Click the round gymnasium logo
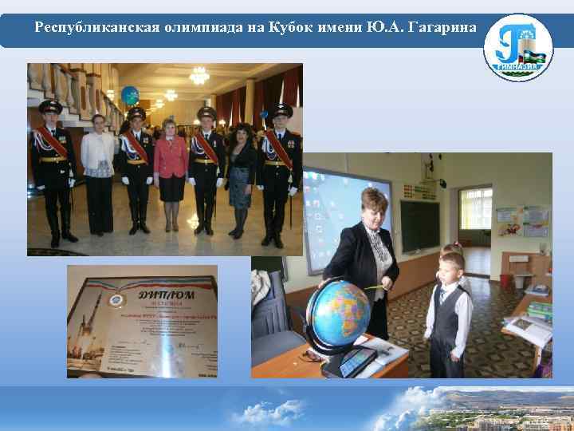(x=517, y=47)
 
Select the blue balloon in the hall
(x=129, y=95)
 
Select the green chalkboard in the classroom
(x=419, y=227)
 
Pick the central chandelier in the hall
(x=199, y=76)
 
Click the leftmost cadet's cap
(x=50, y=106)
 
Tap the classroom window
(x=475, y=215)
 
